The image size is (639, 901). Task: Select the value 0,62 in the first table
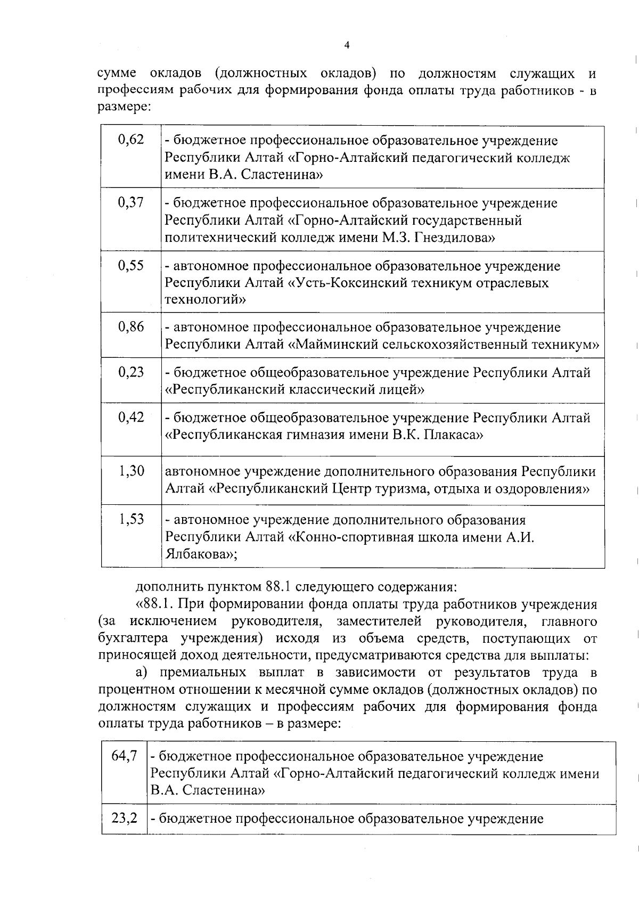point(131,140)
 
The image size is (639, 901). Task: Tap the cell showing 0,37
point(131,202)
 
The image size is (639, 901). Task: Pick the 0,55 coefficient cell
point(131,265)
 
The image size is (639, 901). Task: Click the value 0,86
point(131,326)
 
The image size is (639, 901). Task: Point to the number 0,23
point(131,372)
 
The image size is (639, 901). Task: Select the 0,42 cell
point(131,417)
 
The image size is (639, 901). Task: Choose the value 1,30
point(131,471)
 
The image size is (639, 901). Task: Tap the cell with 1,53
point(131,519)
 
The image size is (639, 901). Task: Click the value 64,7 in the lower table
point(125,756)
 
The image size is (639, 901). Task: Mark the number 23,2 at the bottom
point(125,818)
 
